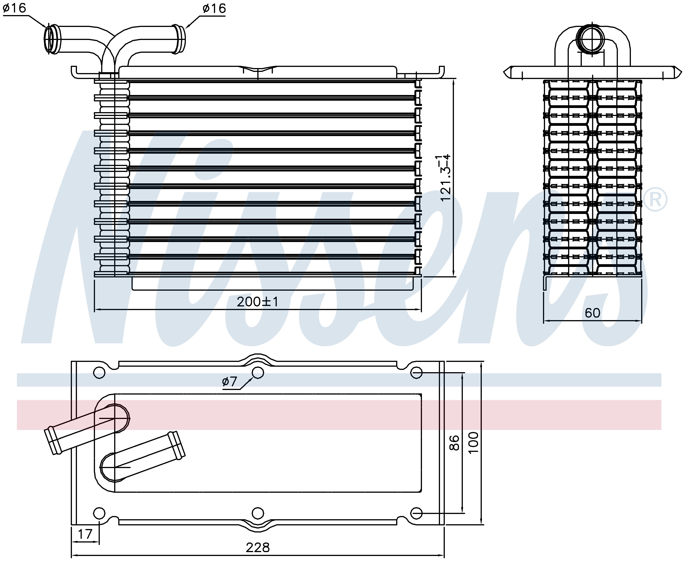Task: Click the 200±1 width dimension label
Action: click(258, 302)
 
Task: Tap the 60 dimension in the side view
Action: click(592, 313)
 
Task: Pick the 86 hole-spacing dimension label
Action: click(454, 443)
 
